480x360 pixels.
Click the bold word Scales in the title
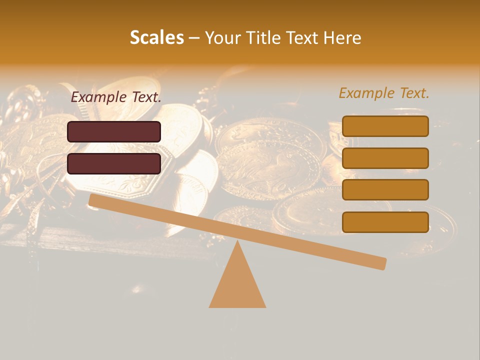pos(156,37)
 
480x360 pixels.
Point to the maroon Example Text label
pos(116,97)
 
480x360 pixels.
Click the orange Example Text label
pos(384,93)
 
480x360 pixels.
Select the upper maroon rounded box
pos(114,131)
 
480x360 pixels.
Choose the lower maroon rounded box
pos(114,163)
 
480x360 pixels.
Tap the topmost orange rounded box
pos(385,126)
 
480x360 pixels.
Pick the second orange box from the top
pos(385,158)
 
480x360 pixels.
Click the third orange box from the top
pos(385,189)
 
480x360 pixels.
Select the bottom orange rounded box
pos(385,222)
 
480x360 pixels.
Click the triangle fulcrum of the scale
pos(237,285)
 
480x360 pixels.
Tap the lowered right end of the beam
pos(380,263)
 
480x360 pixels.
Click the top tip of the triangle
pos(237,242)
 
